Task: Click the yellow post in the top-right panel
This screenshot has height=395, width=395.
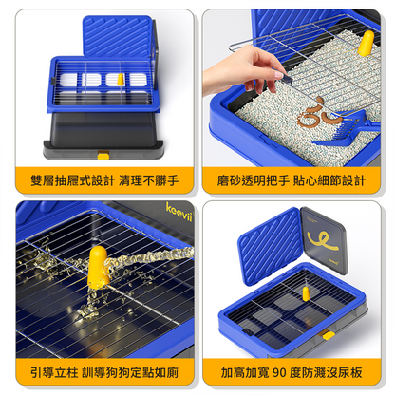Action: pyautogui.click(x=366, y=43)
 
